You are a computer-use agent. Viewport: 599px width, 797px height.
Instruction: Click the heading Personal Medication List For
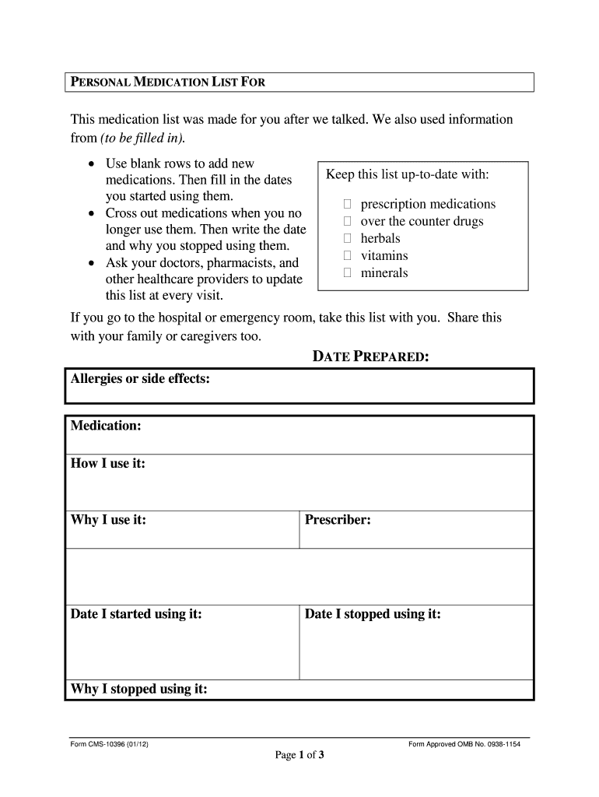point(168,83)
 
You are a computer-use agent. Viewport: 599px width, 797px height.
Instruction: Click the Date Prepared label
point(370,357)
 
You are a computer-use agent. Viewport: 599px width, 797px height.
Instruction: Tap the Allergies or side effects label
point(140,379)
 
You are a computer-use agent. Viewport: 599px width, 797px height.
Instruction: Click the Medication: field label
point(106,426)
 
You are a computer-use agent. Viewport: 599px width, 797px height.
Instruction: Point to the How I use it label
point(108,464)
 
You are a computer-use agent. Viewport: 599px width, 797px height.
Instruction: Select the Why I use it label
point(108,520)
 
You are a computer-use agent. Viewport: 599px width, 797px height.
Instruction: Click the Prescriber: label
point(338,520)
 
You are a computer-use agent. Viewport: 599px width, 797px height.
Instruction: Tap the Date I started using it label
point(136,614)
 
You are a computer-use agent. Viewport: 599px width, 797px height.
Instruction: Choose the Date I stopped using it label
point(373,614)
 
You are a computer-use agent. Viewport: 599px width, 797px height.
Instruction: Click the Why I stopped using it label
point(138,689)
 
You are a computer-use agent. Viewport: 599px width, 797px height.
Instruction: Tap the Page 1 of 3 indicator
point(299,756)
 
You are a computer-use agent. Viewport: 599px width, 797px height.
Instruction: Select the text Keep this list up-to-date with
point(407,174)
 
